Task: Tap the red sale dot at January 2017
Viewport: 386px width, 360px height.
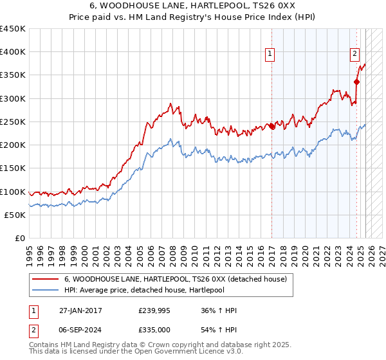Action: (272, 126)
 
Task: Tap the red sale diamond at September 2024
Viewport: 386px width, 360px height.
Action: (356, 82)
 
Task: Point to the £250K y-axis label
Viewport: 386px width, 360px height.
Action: (14, 122)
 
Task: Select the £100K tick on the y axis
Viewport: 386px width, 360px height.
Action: (14, 192)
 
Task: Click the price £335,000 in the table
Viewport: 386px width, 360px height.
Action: (154, 328)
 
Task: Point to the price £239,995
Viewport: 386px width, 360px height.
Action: (154, 310)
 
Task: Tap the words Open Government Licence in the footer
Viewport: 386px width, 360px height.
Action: (194, 352)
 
